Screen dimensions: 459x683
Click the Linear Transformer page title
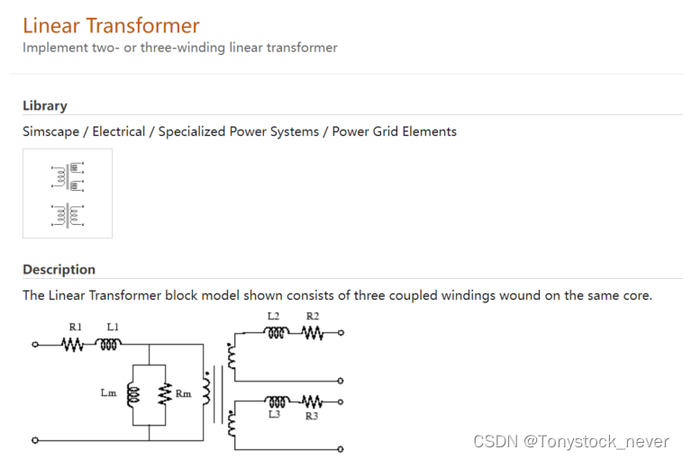coord(111,25)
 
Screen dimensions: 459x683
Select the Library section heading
coord(45,105)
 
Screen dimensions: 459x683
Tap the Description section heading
coord(59,269)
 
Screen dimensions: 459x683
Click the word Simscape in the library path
coord(51,131)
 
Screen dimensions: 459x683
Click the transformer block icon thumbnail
coord(68,193)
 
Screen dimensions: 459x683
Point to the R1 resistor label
coord(76,326)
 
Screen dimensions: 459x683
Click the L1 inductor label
coord(113,326)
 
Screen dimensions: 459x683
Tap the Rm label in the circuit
coord(183,393)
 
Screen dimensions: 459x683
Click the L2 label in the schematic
coord(274,316)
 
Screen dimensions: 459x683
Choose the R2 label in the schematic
coord(313,316)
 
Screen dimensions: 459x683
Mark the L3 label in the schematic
coord(274,415)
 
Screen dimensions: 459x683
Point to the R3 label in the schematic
coord(312,416)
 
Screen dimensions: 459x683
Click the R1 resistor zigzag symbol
coord(73,344)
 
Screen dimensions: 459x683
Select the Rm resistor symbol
coord(164,394)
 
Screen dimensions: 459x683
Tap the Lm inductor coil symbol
coord(133,394)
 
